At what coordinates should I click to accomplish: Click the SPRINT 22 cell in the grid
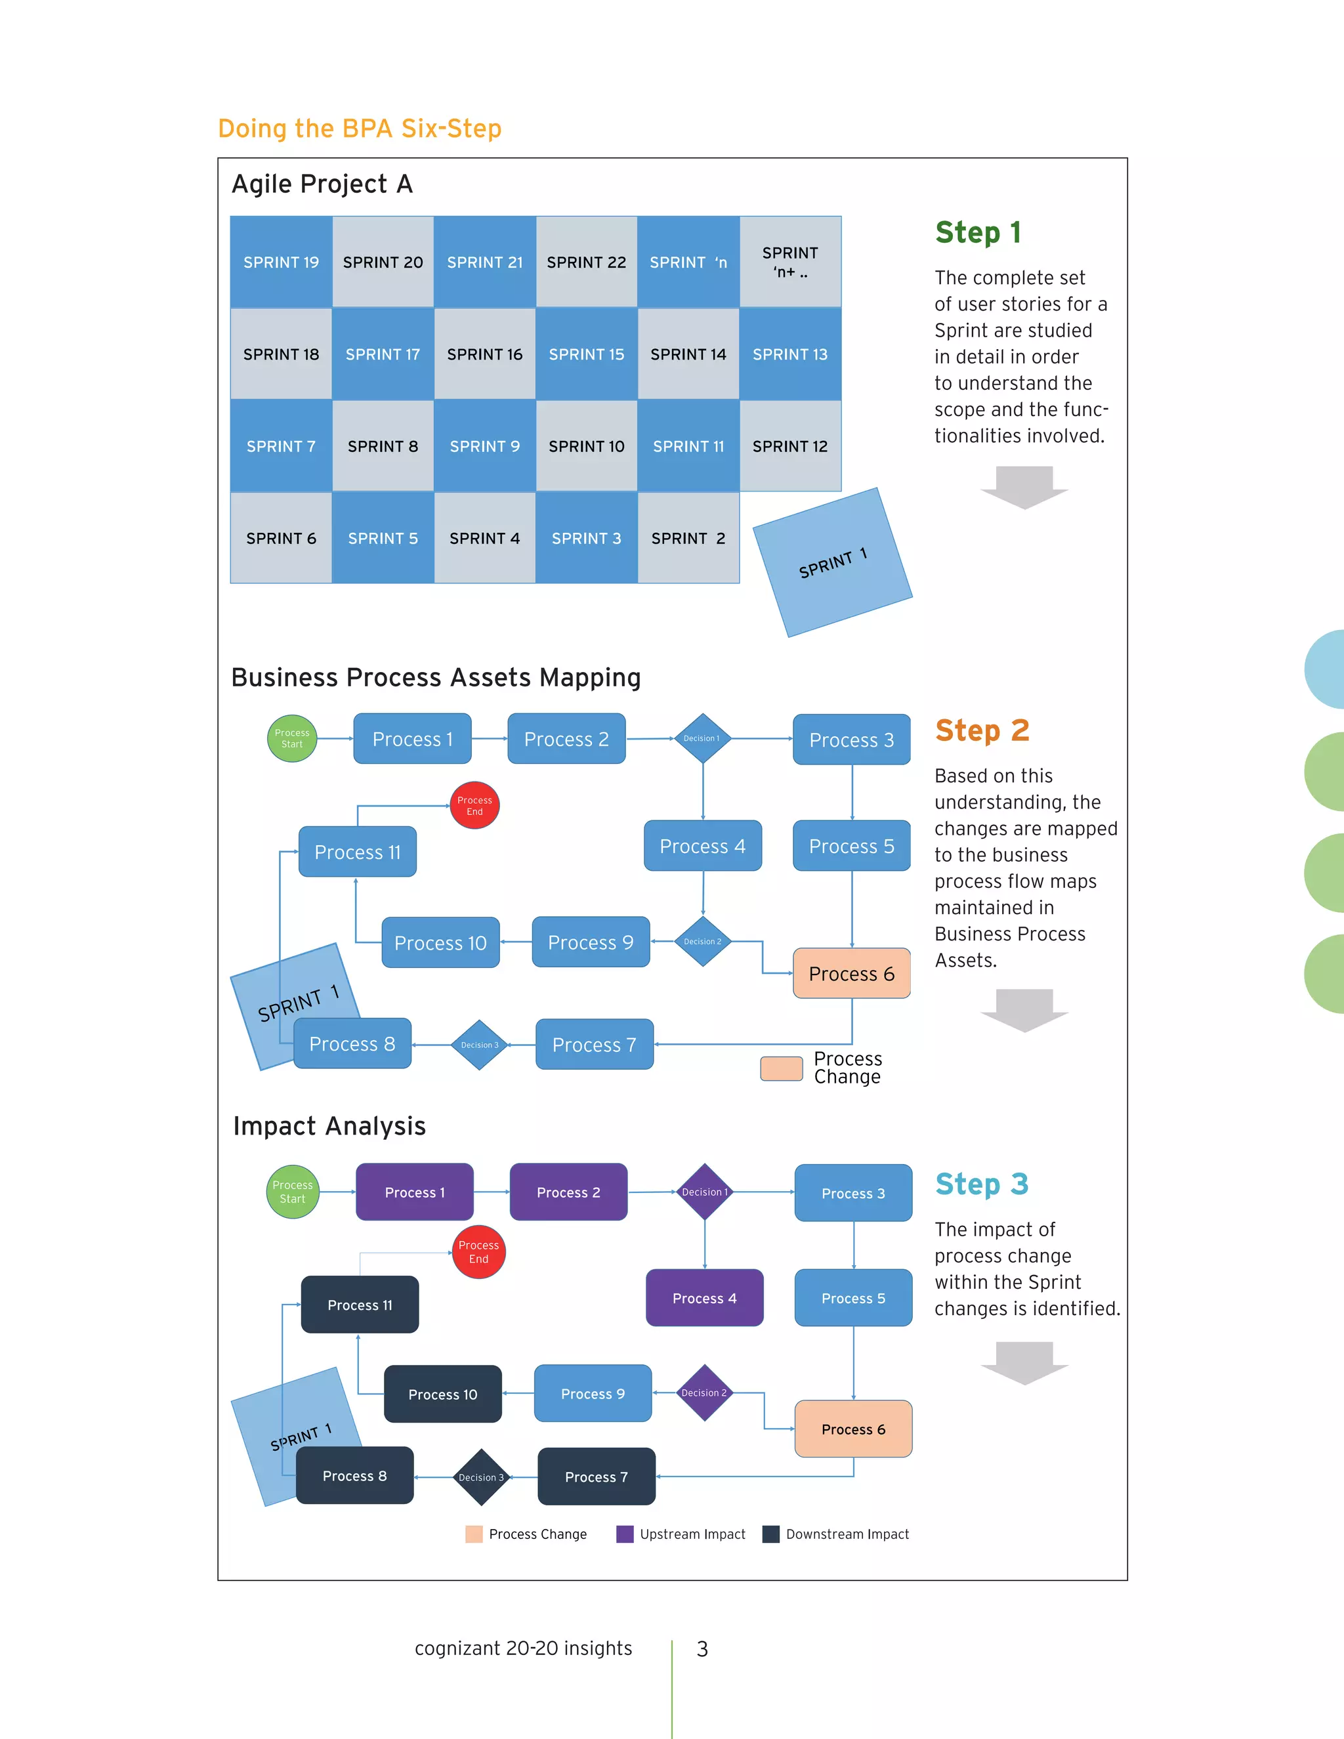click(586, 262)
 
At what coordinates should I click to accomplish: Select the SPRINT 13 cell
click(790, 354)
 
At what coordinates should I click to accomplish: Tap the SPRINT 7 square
click(281, 446)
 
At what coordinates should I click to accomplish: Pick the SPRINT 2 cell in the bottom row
click(688, 538)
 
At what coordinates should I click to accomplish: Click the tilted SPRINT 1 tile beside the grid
click(832, 562)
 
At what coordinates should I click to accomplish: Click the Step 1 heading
click(978, 232)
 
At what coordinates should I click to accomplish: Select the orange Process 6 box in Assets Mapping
click(851, 973)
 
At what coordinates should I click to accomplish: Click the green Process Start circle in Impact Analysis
click(292, 1192)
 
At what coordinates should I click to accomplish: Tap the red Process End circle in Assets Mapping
click(474, 806)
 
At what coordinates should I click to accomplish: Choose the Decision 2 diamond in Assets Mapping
click(702, 941)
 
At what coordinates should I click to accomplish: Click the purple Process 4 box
click(704, 1298)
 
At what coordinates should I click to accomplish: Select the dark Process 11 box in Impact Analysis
click(360, 1305)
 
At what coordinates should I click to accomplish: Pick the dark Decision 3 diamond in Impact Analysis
click(481, 1477)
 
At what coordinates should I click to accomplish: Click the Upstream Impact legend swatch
click(625, 1534)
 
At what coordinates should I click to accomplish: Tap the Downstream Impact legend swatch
click(770, 1534)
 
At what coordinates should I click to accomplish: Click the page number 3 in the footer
click(702, 1648)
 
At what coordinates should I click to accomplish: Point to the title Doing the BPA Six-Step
click(360, 128)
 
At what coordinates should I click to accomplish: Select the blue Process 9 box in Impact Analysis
click(593, 1393)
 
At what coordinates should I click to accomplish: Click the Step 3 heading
click(982, 1184)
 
